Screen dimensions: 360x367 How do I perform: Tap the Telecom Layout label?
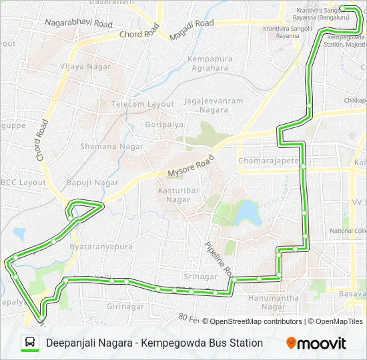142,104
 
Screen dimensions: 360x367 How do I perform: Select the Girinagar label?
125,306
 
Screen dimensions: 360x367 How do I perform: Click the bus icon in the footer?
30,343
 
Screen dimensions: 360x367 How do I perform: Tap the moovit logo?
316,343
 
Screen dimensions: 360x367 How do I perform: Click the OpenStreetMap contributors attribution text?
256,321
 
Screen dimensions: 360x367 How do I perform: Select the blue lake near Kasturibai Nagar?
248,213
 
